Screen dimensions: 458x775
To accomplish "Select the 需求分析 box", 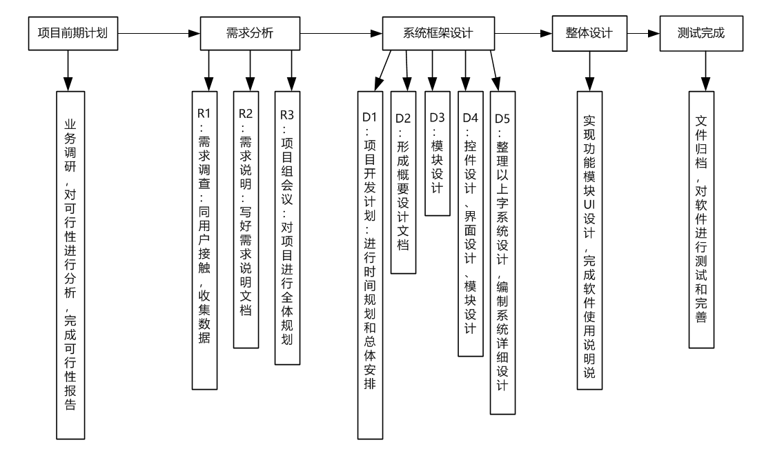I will (x=250, y=32).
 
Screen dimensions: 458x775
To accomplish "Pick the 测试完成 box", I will (x=702, y=32).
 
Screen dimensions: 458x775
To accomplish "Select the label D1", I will (x=371, y=117).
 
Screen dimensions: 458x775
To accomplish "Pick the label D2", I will (x=404, y=117).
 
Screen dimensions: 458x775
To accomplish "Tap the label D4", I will (x=470, y=117).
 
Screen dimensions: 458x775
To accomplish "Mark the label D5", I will (x=503, y=117).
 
